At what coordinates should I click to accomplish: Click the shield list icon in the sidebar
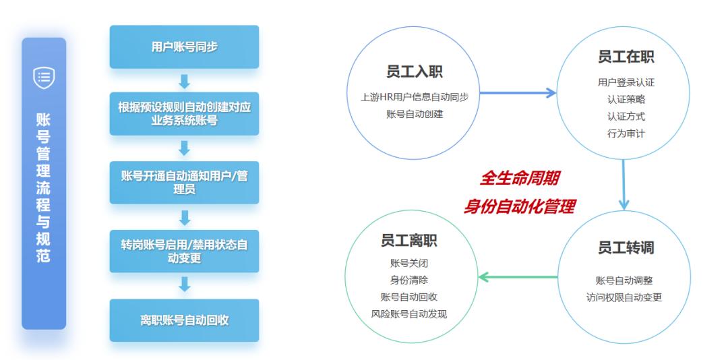tap(44, 77)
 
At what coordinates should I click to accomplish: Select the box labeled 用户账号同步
tap(184, 47)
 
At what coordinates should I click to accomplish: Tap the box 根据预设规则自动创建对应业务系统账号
tap(184, 114)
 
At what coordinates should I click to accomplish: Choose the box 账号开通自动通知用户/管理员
tap(184, 183)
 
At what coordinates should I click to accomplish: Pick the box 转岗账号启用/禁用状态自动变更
tap(184, 251)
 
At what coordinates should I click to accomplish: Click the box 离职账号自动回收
tap(184, 320)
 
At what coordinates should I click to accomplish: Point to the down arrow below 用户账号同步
tap(185, 81)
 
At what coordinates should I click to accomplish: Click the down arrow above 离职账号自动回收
tap(185, 284)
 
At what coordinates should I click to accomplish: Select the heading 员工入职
tap(414, 72)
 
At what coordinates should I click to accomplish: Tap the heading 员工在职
tap(626, 57)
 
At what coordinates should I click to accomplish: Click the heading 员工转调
tap(626, 247)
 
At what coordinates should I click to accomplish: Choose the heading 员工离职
tap(408, 241)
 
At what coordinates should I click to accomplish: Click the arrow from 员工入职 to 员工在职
tap(518, 93)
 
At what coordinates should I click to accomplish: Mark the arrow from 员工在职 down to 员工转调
tap(624, 184)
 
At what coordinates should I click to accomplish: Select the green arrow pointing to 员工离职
tap(518, 277)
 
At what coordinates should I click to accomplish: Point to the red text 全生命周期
tap(518, 179)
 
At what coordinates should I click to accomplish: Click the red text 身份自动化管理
tap(519, 207)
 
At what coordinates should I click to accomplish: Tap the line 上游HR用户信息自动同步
tap(414, 98)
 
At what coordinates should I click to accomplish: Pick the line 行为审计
tap(626, 133)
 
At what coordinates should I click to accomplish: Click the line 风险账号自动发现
tap(409, 314)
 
